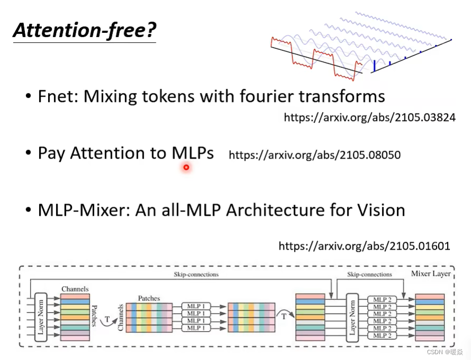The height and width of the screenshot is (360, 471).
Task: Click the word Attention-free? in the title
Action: [x=84, y=31]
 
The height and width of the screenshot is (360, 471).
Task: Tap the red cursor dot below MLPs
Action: [x=186, y=168]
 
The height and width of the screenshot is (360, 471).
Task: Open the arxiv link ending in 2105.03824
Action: [x=369, y=118]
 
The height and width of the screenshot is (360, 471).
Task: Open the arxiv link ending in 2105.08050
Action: [x=314, y=155]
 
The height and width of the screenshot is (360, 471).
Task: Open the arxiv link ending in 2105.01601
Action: [x=364, y=245]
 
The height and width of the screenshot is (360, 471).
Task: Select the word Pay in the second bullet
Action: [x=52, y=153]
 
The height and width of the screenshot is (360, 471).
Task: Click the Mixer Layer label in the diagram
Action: [x=431, y=274]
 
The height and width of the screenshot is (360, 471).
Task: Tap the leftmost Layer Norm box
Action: [x=41, y=317]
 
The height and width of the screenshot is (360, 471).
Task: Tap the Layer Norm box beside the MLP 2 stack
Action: [x=352, y=317]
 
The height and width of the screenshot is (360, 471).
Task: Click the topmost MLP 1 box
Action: [x=196, y=306]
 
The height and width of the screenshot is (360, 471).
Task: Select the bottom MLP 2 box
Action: [x=383, y=336]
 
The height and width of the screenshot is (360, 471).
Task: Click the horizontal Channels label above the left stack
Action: [x=75, y=289]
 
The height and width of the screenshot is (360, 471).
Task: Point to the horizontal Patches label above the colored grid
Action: [x=149, y=298]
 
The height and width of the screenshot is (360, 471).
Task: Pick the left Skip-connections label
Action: [x=195, y=275]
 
